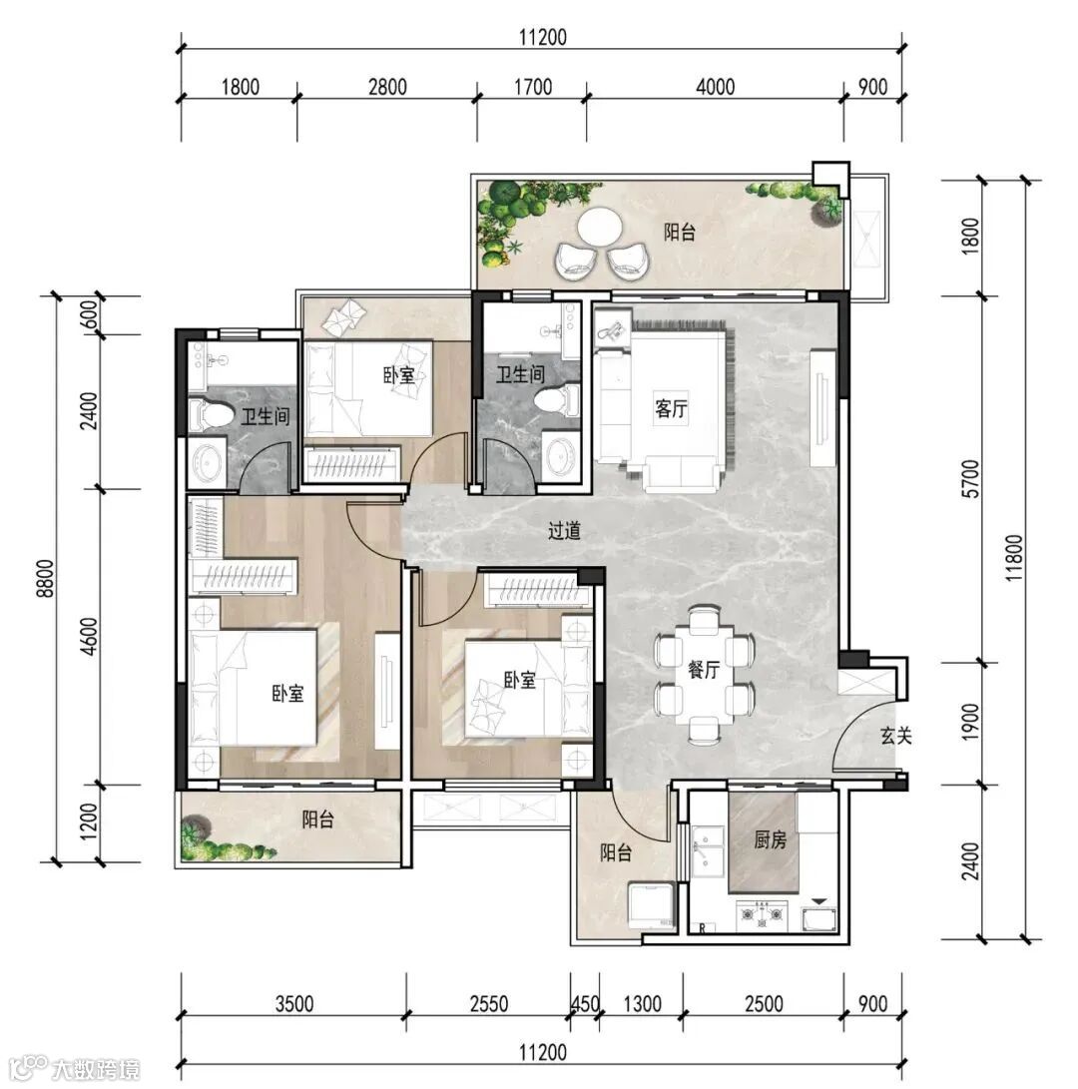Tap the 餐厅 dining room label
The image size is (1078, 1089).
703,670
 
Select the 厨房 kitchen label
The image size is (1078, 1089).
771,839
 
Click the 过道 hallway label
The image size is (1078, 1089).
564,531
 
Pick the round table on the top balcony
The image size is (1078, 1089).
601,227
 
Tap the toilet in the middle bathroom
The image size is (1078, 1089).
558,401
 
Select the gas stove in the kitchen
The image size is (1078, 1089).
763,914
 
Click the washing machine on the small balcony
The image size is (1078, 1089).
652,905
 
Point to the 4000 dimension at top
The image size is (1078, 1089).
715,87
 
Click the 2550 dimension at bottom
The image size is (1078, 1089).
489,1003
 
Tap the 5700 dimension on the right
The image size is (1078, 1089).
972,478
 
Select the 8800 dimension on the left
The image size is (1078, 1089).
46,578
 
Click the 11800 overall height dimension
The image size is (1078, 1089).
1014,558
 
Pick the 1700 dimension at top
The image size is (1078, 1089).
533,87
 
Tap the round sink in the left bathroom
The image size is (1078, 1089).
207,460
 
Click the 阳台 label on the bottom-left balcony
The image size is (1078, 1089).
317,819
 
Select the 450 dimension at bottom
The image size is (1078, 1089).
585,1003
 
